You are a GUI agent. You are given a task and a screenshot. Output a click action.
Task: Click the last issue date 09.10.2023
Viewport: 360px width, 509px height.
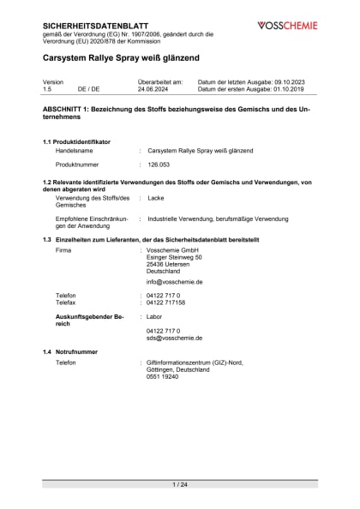pyautogui.click(x=295, y=81)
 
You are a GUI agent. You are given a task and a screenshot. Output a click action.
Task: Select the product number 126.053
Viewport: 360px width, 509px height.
pyautogui.click(x=160, y=163)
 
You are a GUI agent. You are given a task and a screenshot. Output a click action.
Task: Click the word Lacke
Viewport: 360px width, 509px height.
pyautogui.click(x=155, y=198)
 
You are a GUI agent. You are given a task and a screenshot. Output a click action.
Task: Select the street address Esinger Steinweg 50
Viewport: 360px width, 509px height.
pyautogui.click(x=174, y=256)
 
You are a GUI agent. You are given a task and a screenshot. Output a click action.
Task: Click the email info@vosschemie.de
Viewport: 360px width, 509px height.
pyautogui.click(x=174, y=281)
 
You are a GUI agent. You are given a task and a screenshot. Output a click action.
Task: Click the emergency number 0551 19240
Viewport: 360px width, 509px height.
pyautogui.click(x=162, y=376)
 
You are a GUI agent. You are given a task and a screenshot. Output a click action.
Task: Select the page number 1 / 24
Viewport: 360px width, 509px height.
pyautogui.click(x=180, y=485)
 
